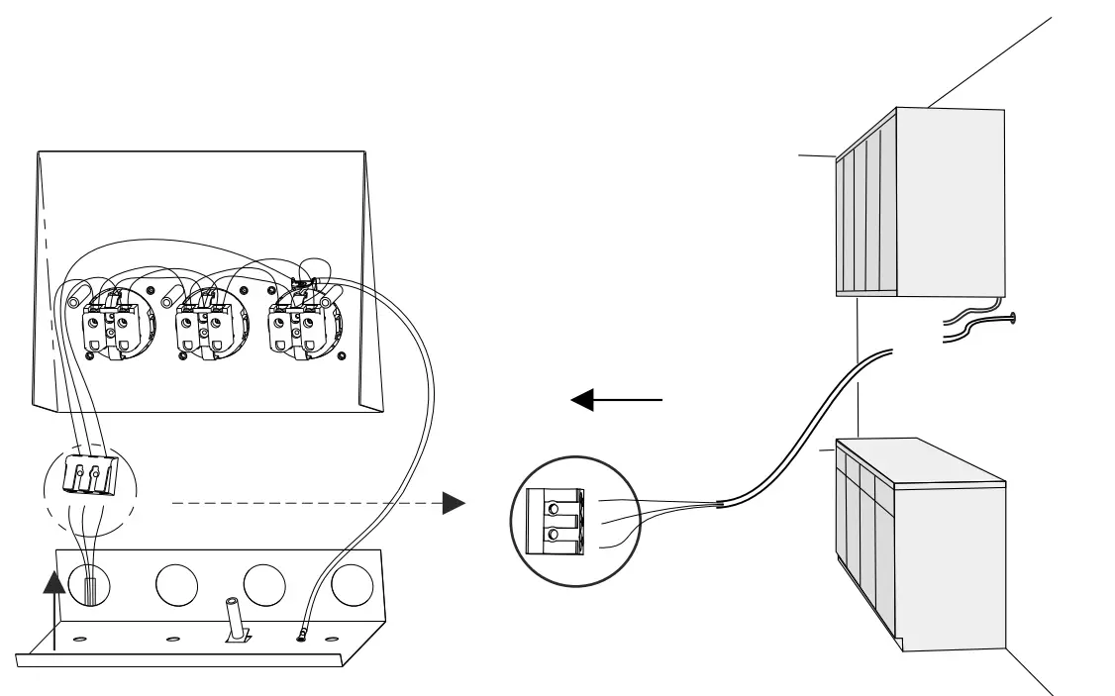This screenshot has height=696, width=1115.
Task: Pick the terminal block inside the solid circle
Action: pos(554,520)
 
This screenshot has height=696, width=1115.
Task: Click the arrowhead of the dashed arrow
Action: pos(453,503)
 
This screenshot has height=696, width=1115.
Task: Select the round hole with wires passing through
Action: pos(89,585)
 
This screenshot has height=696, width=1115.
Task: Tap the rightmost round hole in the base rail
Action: pos(352,585)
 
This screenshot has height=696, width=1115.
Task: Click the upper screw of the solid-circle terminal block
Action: pos(553,501)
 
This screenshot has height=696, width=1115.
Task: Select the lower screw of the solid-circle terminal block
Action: pos(553,536)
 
